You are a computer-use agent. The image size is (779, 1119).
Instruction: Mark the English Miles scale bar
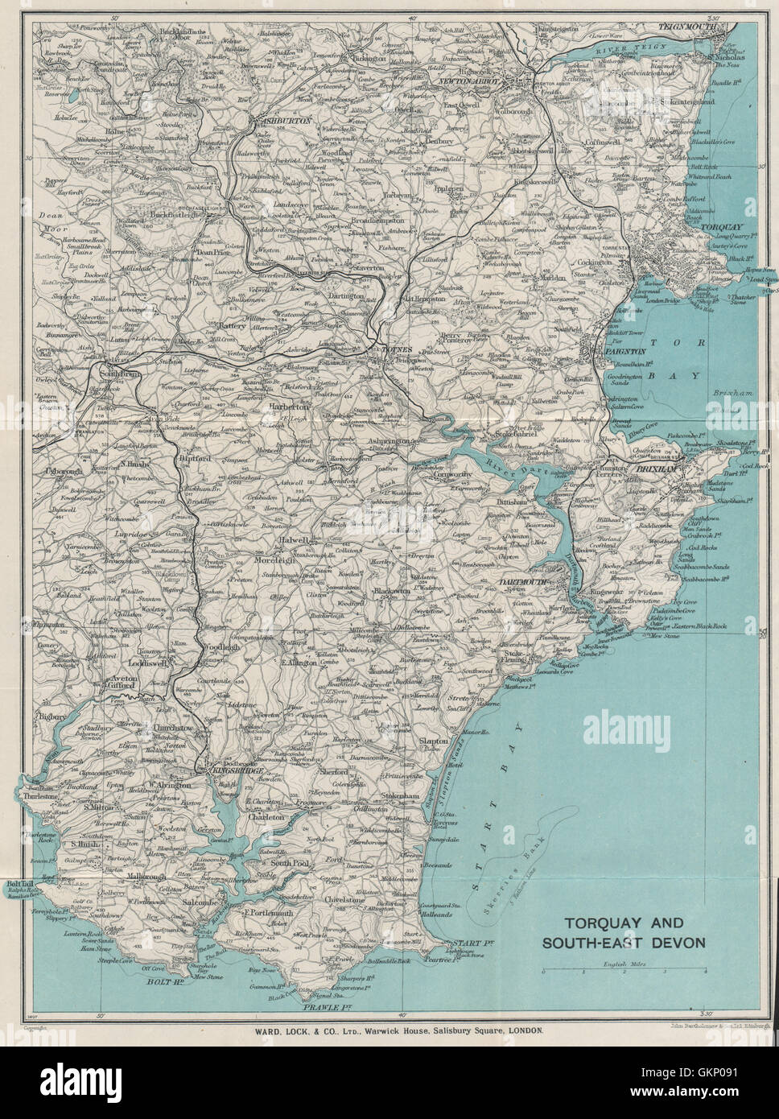coord(624,972)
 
